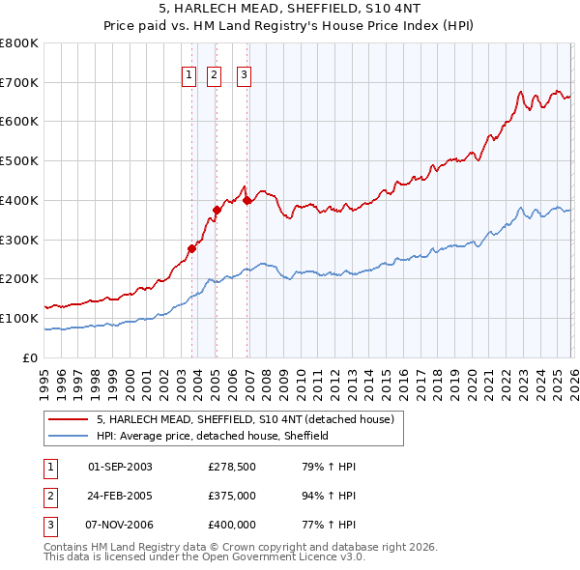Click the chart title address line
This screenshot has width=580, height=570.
pos(289,9)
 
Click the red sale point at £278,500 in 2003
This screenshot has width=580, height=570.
pos(191,248)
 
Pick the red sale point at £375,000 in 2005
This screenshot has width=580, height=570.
pos(217,210)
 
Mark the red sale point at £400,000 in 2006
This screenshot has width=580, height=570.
pos(247,200)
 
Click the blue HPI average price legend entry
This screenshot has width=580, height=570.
pos(213,437)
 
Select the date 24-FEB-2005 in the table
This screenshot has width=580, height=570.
pos(120,496)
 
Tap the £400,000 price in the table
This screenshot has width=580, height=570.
pos(232,525)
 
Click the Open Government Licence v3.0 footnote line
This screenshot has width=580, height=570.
pos(204,557)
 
